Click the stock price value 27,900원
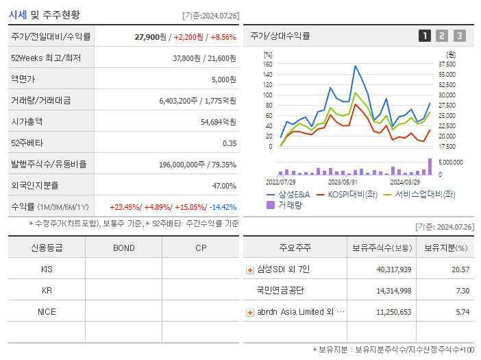click(x=150, y=36)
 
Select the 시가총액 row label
click(x=27, y=121)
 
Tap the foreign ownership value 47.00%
click(x=224, y=185)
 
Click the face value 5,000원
click(x=223, y=79)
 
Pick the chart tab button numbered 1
click(x=425, y=36)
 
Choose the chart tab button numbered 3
click(x=459, y=36)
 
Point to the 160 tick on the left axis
click(x=267, y=64)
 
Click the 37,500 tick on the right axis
click(x=447, y=64)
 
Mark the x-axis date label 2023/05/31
click(x=343, y=182)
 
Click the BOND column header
click(x=123, y=248)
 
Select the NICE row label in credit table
click(x=47, y=311)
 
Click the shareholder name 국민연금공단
click(x=280, y=290)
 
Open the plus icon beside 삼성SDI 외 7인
click(x=250, y=269)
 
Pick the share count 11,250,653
click(x=391, y=311)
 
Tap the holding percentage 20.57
click(x=460, y=269)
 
